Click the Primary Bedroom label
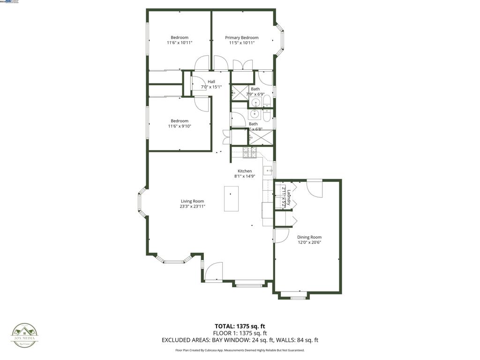[x=241, y=37]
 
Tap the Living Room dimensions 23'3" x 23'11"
[x=192, y=206]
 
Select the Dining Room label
[x=309, y=237]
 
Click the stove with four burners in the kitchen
[x=249, y=152]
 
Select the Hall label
[x=211, y=82]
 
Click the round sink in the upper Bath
[x=255, y=103]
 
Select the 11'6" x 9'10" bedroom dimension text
[x=180, y=126]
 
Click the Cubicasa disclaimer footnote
[x=240, y=350]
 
